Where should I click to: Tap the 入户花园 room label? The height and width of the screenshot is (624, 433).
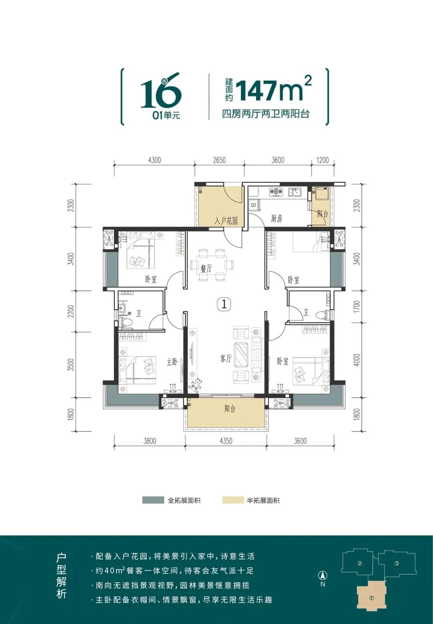[x=226, y=221]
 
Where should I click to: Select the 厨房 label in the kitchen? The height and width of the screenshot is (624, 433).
[x=276, y=218]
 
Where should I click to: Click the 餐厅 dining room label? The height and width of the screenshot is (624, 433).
[x=206, y=269]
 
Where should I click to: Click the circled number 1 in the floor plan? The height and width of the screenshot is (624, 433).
[x=224, y=304]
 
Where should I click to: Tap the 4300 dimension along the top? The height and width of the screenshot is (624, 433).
[x=154, y=160]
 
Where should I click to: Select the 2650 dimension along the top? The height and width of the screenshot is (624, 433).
[x=219, y=160]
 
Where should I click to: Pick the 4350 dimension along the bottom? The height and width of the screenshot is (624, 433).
[x=226, y=441]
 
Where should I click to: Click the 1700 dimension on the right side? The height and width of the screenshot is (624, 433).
[x=357, y=307]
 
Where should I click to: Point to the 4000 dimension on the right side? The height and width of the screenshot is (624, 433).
[x=357, y=360]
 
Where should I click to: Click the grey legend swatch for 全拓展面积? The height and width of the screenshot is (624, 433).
[x=153, y=500]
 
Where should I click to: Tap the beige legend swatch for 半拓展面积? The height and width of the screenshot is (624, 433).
[x=233, y=500]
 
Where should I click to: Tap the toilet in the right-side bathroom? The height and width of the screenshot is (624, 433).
[x=322, y=315]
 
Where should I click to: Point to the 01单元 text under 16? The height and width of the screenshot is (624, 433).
[x=166, y=115]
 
